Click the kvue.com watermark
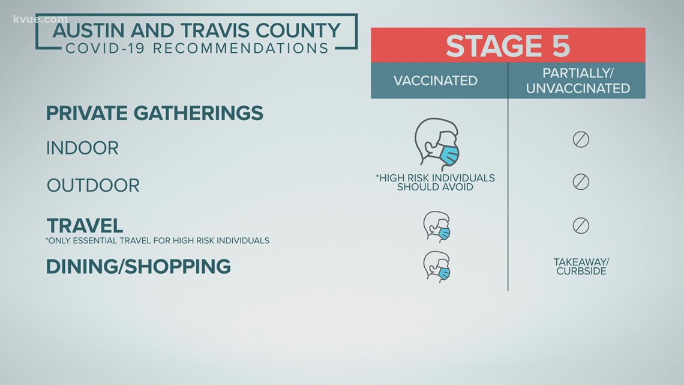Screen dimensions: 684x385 click(41, 19)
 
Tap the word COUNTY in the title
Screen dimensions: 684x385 click(298, 31)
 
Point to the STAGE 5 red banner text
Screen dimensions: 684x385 click(508, 46)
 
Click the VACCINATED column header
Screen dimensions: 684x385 click(436, 80)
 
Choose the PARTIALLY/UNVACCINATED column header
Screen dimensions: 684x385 click(578, 80)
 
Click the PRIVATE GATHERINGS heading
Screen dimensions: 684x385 click(154, 113)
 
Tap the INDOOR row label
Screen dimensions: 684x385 click(82, 148)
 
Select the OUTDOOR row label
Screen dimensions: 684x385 click(93, 186)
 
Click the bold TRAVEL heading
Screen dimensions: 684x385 click(85, 226)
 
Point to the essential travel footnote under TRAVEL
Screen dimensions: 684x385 click(157, 240)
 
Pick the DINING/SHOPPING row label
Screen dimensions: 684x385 click(138, 267)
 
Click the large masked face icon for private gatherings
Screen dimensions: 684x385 click(437, 144)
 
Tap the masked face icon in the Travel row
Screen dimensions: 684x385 click(437, 227)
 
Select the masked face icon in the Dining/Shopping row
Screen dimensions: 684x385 click(437, 267)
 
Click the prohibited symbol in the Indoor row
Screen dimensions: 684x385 click(581, 140)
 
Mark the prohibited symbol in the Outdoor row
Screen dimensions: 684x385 click(581, 181)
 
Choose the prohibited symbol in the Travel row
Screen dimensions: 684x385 click(581, 226)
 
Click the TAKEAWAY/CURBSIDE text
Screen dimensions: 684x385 click(581, 266)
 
